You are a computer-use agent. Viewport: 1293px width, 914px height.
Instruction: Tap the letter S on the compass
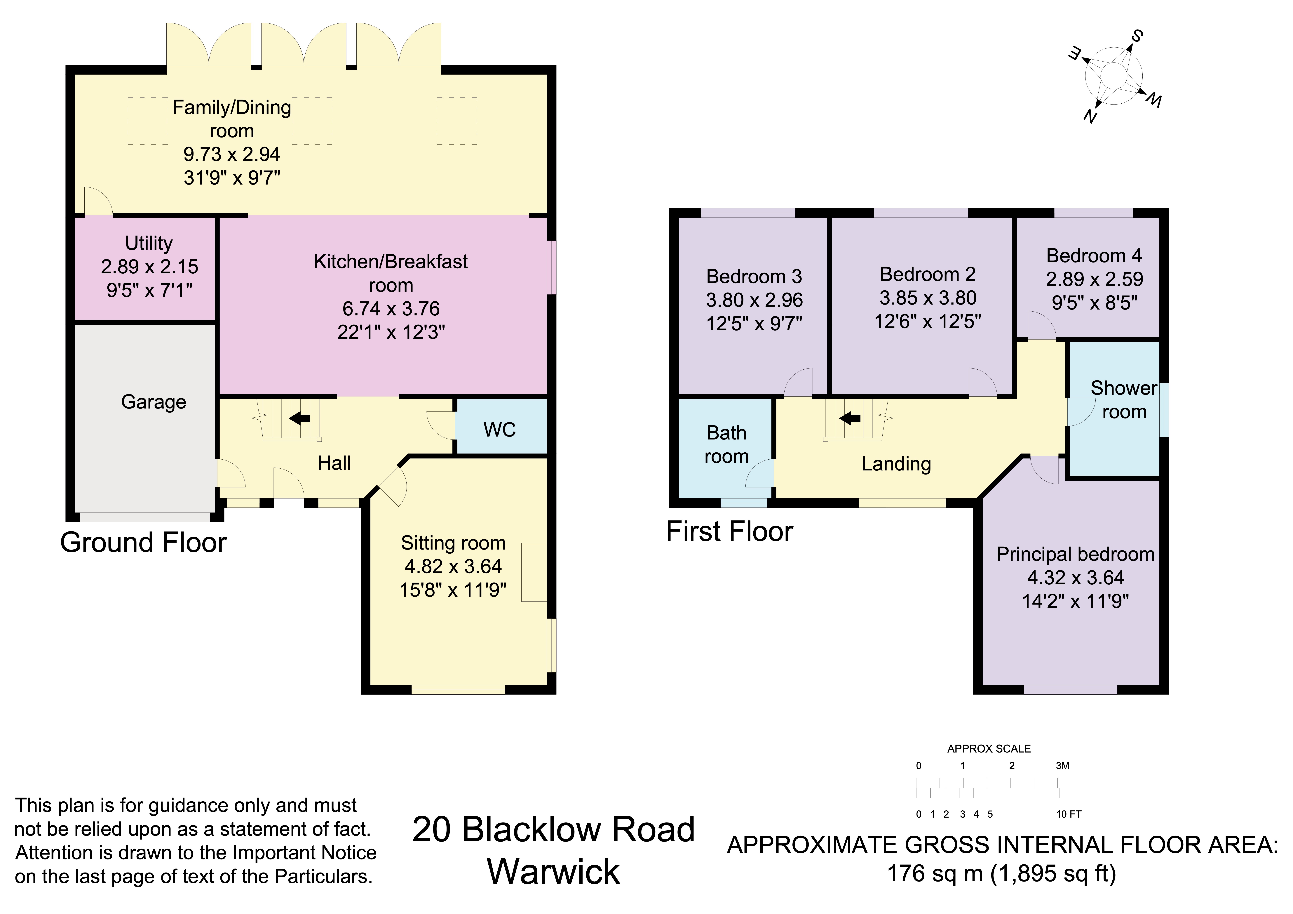[x=1137, y=37]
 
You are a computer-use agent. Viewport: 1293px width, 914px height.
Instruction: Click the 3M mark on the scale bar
[x=1062, y=765]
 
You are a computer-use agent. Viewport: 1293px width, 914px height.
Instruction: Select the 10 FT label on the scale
[x=1068, y=814]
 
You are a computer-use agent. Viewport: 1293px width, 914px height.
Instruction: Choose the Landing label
[x=896, y=463]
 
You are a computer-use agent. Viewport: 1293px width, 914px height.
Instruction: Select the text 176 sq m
[x=935, y=873]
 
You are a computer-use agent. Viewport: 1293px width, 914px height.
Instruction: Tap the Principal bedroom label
[x=1075, y=554]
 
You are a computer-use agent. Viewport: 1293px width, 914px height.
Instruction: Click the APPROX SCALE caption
[x=989, y=748]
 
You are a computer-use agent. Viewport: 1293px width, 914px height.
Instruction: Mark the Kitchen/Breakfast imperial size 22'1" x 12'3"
[x=391, y=332]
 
